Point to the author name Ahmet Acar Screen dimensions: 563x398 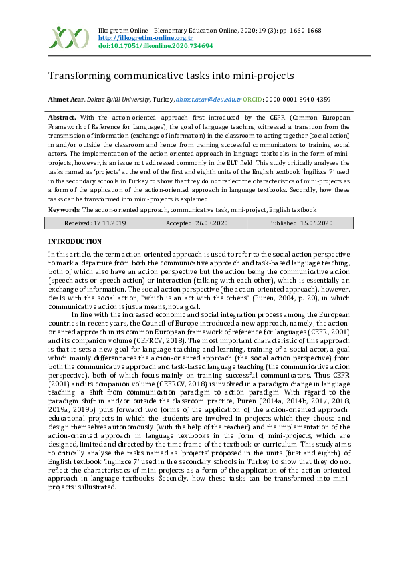pyautogui.click(x=64, y=99)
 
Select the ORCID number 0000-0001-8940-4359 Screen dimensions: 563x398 pyautogui.click(x=299, y=99)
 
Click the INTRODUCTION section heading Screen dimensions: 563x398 pyautogui.click(x=75, y=241)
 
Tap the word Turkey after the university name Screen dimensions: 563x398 pyautogui.click(x=163, y=99)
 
